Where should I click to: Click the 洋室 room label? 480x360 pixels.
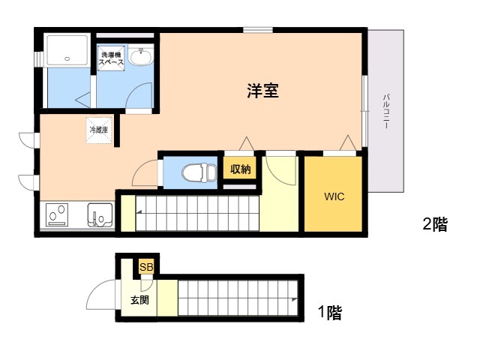click(x=263, y=91)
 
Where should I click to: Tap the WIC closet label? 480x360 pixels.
click(x=334, y=197)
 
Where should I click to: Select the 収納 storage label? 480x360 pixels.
click(x=240, y=169)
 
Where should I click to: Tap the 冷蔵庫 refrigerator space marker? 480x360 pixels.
click(x=99, y=130)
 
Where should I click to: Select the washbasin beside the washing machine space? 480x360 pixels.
click(x=140, y=56)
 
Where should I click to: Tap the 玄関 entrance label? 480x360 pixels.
click(x=139, y=300)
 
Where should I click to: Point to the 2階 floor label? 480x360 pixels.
click(x=435, y=223)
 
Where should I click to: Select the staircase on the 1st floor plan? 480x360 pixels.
click(x=238, y=297)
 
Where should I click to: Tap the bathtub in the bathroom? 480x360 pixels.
click(x=67, y=49)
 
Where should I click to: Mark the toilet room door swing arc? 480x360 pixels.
click(x=144, y=174)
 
